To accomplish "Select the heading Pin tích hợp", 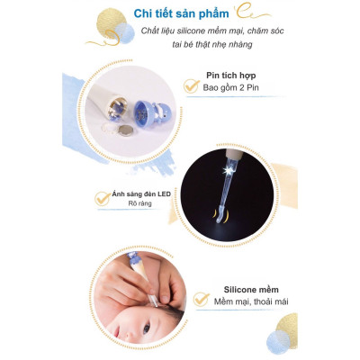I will pos(233,76).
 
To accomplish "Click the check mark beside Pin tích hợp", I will pos(190,85).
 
